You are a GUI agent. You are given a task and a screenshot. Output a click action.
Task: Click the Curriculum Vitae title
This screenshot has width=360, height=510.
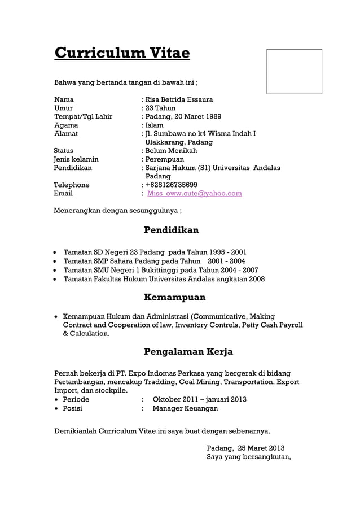coord(122,54)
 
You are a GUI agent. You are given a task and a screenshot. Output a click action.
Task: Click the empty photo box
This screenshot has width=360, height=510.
coord(294,71)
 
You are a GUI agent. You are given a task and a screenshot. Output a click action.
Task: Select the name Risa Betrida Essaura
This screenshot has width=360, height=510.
coord(179,99)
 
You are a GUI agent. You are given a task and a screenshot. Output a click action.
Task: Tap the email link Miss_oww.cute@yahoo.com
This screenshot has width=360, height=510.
coord(194,193)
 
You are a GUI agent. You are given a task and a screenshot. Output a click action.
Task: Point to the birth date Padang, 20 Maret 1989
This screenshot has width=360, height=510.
coord(183,116)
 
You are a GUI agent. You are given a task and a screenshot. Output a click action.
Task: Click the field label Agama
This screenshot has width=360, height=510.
coord(66,125)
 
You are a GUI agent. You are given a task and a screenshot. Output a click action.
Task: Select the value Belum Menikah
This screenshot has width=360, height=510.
coord(172,151)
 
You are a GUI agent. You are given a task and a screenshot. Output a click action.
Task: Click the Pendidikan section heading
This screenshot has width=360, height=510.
coord(171,230)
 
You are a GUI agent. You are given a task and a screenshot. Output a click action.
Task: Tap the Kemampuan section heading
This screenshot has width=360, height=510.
coord(174,297)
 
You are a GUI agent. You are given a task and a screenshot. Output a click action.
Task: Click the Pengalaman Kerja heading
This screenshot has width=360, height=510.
coord(188,351)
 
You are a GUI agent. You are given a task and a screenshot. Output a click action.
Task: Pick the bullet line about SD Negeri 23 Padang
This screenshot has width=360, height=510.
coord(155,252)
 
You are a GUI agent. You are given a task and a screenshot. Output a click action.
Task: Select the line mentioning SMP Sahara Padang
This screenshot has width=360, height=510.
coord(154,261)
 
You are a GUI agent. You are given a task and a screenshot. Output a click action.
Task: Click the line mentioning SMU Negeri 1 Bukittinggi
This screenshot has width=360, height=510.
coord(161,270)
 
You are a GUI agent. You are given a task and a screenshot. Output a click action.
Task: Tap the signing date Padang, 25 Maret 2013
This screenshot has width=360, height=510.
coord(245,448)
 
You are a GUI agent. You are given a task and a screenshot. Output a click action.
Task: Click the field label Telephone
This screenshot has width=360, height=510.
coord(72,185)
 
